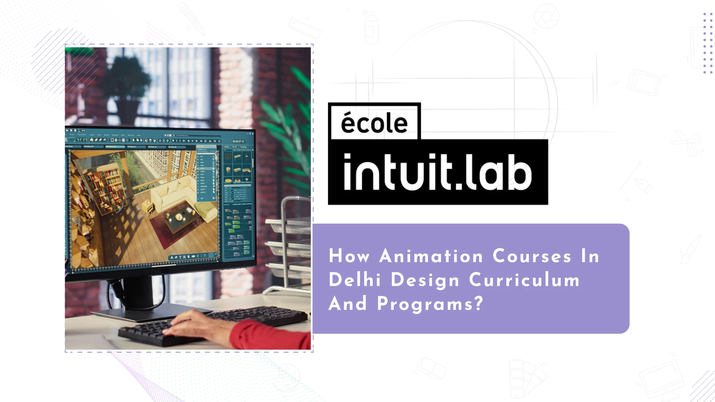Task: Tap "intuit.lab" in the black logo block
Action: pyautogui.click(x=438, y=172)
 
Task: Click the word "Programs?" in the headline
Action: pyautogui.click(x=430, y=303)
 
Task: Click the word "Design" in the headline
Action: pyautogui.click(x=425, y=280)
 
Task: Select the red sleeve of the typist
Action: pyautogui.click(x=268, y=334)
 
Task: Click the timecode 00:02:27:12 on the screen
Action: pyautogui.click(x=238, y=142)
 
